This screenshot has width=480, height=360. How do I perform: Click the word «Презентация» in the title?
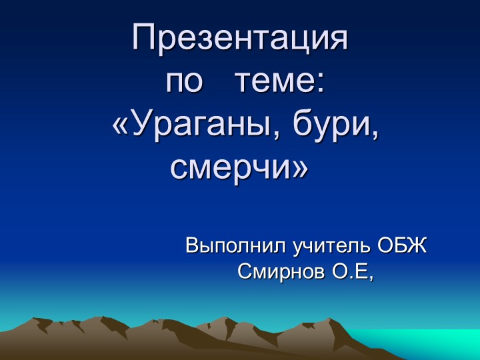pyautogui.click(x=241, y=37)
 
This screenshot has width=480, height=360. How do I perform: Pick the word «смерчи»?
pyautogui.click(x=230, y=168)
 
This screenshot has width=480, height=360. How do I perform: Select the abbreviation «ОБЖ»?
pyautogui.click(x=403, y=246)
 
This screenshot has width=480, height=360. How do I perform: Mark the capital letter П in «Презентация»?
pyautogui.click(x=145, y=37)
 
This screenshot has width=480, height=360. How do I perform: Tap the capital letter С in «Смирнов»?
pyautogui.click(x=244, y=271)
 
